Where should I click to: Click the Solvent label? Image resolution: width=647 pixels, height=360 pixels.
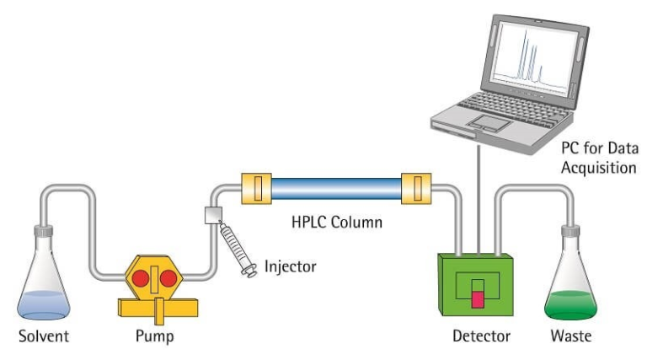45,337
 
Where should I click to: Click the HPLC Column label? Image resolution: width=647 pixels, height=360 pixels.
337,223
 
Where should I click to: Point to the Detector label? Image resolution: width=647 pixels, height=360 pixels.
481,337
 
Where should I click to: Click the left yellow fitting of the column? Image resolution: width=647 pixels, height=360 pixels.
256,188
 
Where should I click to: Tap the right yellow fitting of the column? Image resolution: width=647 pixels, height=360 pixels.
416,188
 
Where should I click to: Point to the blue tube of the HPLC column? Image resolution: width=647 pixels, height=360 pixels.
336,188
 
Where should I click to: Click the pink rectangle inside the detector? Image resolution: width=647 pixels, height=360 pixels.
479,298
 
